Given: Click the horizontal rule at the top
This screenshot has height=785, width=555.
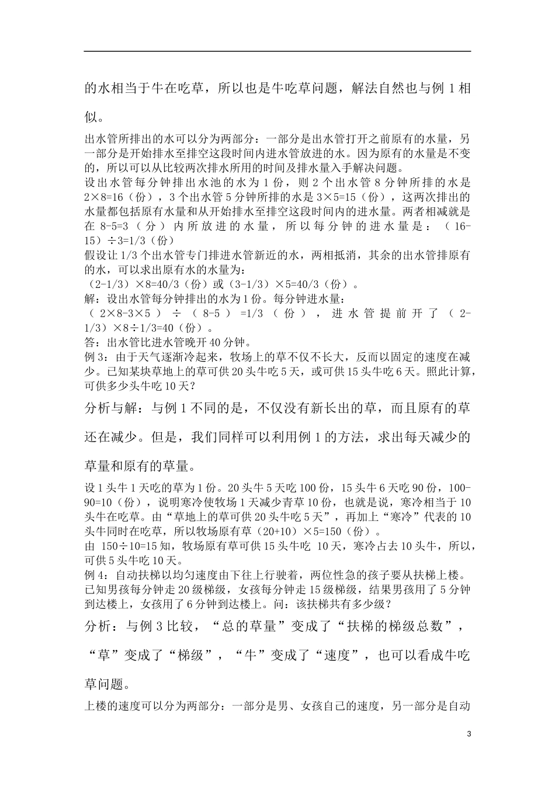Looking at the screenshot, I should tap(277, 51).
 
